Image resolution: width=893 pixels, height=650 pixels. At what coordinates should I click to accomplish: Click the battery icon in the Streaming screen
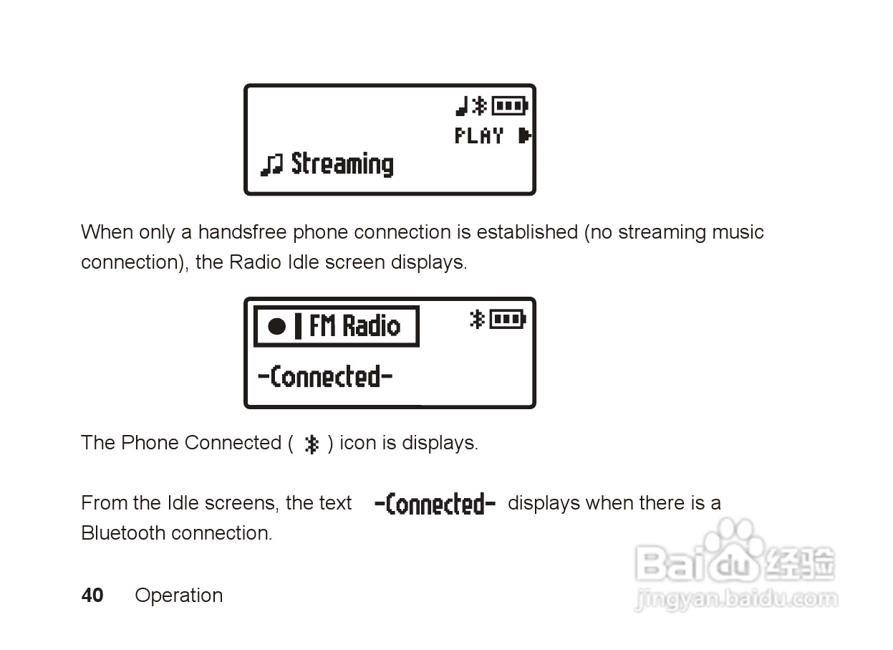pyautogui.click(x=510, y=106)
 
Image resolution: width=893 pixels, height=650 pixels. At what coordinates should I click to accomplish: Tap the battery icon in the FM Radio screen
pyautogui.click(x=508, y=319)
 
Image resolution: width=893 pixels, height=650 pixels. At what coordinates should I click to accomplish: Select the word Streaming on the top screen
pyautogui.click(x=342, y=164)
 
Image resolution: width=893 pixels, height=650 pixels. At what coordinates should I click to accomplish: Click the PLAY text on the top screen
pyautogui.click(x=479, y=135)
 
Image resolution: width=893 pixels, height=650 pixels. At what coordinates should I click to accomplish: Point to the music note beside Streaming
pyautogui.click(x=271, y=166)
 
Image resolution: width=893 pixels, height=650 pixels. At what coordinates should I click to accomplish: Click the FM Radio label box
pyautogui.click(x=336, y=327)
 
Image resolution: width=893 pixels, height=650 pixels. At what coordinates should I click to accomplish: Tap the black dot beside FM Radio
pyautogui.click(x=277, y=327)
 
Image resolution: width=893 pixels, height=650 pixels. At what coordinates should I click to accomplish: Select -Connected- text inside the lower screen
pyautogui.click(x=325, y=376)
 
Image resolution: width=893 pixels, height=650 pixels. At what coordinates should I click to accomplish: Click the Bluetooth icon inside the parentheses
pyautogui.click(x=311, y=444)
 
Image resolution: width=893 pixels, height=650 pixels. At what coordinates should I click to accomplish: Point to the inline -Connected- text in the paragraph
pyautogui.click(x=435, y=504)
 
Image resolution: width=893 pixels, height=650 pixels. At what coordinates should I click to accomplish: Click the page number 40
pyautogui.click(x=92, y=596)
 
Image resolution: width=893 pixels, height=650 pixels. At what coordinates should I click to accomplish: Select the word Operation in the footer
pyautogui.click(x=178, y=596)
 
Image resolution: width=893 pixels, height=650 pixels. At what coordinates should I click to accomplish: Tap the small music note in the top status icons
pyautogui.click(x=462, y=107)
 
